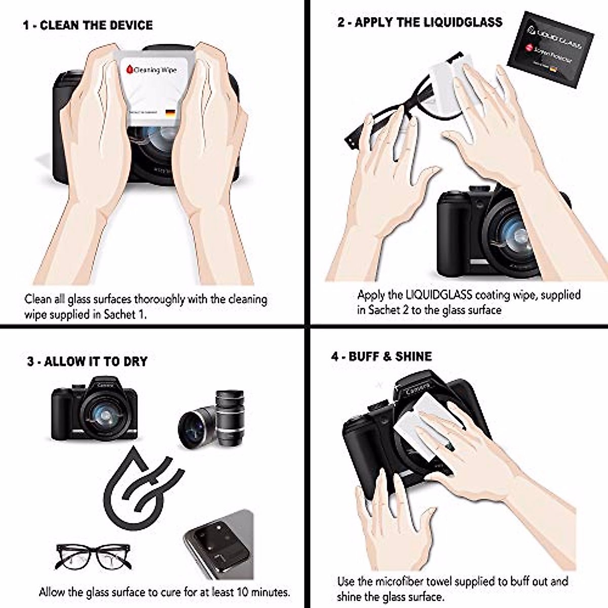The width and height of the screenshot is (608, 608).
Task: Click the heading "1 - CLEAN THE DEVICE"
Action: pos(88,25)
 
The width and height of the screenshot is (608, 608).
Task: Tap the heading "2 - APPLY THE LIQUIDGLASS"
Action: pos(420,22)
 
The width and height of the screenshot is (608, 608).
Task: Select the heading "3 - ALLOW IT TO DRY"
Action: pos(87,362)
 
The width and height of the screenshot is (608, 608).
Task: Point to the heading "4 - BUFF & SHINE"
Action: pos(382,357)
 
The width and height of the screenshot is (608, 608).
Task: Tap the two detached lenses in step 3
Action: pos(213,418)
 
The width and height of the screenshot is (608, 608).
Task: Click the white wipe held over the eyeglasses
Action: pos(446,81)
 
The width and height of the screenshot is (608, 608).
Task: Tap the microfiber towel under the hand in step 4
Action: pos(421,426)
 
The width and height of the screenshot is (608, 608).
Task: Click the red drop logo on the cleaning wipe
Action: pos(130,69)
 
